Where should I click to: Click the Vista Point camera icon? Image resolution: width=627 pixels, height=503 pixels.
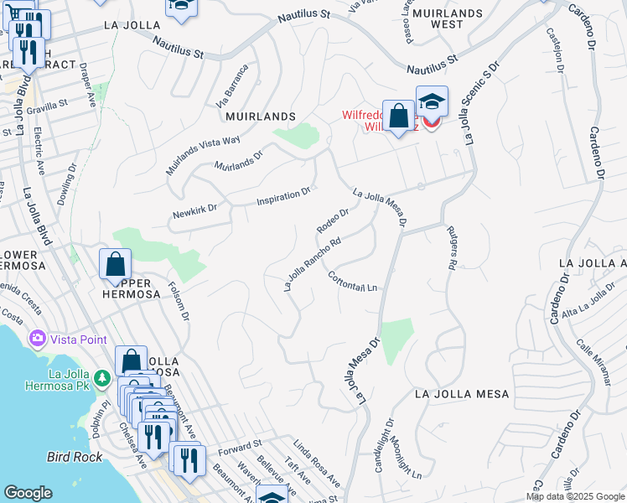37,339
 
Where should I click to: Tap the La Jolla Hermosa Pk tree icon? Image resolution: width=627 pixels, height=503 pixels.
102,379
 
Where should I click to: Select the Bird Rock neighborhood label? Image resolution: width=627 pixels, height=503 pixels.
75,457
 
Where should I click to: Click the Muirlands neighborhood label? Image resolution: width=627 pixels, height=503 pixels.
261,117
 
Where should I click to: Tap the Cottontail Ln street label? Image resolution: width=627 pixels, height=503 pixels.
353,282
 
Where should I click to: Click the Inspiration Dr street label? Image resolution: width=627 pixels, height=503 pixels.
283,197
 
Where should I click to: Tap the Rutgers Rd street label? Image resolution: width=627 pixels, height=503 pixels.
451,248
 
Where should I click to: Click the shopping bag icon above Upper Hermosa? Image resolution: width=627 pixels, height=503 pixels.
115,263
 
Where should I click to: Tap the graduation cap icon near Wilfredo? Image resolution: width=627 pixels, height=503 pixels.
432,102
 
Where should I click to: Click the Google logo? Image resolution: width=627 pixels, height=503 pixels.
28,493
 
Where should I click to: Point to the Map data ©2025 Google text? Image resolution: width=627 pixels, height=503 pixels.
574,496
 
